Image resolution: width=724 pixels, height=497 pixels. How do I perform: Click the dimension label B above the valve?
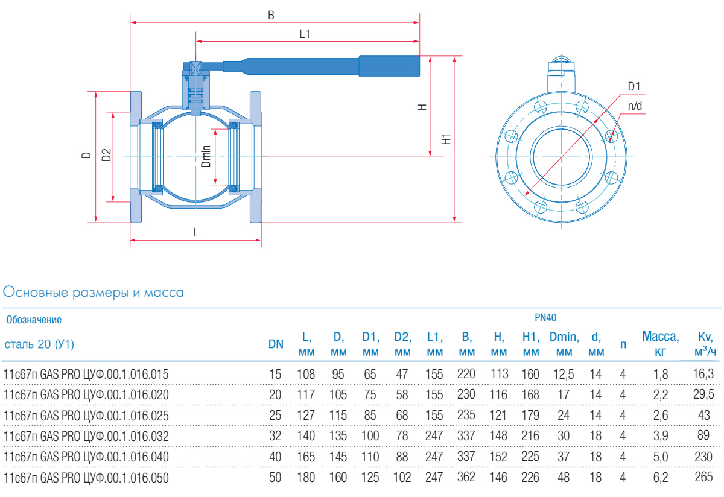(271, 15)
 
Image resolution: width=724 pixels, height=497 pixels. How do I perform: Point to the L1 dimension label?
(305, 34)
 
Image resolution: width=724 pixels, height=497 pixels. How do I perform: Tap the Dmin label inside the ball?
(206, 156)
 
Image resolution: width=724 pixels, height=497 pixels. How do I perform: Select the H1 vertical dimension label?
(446, 139)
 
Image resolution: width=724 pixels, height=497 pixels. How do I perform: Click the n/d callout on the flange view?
(635, 106)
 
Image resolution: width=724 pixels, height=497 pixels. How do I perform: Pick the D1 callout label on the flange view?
(634, 86)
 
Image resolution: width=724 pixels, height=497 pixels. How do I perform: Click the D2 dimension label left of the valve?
(106, 155)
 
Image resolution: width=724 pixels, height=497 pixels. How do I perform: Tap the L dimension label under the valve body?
(196, 232)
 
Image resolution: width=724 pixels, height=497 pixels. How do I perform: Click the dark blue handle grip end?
(390, 66)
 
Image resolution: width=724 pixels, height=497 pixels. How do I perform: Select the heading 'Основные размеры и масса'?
(94, 292)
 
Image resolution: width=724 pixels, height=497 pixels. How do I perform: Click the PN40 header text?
(545, 318)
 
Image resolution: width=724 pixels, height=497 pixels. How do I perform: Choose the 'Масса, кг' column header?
(660, 344)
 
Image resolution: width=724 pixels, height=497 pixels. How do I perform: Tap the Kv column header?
(705, 344)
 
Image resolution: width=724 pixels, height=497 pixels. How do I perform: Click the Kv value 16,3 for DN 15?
(703, 374)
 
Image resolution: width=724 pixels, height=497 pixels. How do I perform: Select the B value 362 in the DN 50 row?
(466, 477)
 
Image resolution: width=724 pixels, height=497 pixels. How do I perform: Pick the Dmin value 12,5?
(564, 374)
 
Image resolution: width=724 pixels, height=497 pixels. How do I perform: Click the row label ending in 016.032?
(86, 436)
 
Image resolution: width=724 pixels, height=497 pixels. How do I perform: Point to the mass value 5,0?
(661, 457)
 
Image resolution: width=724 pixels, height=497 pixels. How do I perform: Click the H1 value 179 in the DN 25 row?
(530, 415)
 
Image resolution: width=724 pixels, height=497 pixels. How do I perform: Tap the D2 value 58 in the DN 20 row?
(402, 394)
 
